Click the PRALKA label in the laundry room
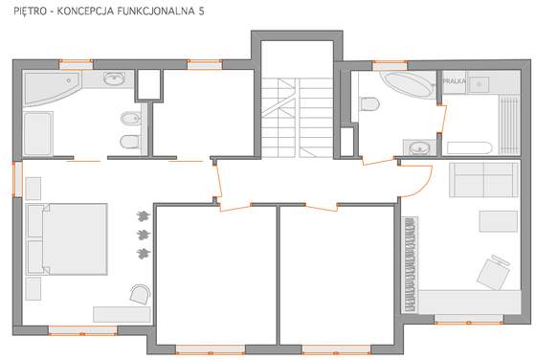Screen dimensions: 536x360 [454, 81]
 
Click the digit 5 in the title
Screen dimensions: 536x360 [201, 11]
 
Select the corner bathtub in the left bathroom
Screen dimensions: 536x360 [52, 87]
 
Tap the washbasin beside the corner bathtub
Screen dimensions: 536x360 [114, 79]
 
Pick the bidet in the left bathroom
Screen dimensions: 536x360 [130, 119]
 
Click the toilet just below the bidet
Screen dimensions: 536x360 [130, 141]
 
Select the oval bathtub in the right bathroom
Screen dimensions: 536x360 [407, 84]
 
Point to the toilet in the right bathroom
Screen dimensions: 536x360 [369, 103]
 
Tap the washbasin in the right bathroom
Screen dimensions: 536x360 [419, 148]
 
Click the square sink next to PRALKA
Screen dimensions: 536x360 [479, 84]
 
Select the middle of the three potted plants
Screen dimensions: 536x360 [144, 235]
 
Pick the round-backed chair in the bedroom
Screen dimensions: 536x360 [141, 294]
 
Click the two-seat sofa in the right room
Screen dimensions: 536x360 [483, 180]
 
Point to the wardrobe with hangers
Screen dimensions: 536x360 [410, 264]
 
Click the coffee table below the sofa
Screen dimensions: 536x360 [498, 221]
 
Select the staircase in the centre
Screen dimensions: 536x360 [297, 118]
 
